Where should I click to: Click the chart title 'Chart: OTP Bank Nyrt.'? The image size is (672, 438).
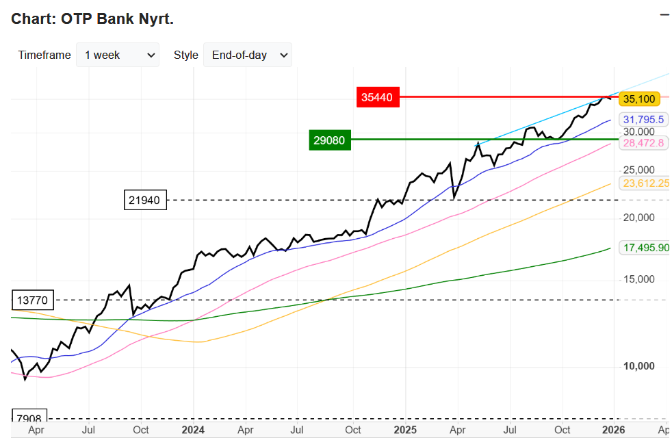pos(92,19)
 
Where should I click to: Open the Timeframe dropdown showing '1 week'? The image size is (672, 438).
pos(117,55)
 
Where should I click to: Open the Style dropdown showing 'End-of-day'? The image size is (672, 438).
pos(247,55)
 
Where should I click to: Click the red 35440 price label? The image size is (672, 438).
pos(377,97)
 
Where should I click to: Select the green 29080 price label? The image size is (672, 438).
pos(330,140)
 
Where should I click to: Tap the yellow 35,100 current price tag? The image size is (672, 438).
pos(638,99)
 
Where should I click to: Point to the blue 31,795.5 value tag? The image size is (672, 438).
pos(643,119)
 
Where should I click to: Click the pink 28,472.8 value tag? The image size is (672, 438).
pos(643,143)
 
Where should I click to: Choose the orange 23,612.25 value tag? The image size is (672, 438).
pos(644,183)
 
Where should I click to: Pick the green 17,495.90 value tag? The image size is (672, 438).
pos(644,247)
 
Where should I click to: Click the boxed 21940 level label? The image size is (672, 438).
pos(145,201)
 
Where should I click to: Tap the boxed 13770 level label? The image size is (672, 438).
pos(33,300)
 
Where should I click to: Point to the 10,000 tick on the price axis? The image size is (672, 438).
pos(638,367)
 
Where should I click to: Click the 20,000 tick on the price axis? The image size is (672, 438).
pos(638,218)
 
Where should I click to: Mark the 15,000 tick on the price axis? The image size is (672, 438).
pos(638,279)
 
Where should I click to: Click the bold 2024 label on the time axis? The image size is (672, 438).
pos(193,430)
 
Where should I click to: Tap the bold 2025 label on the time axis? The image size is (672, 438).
pos(405,430)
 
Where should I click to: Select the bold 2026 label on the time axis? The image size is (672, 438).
pos(613,430)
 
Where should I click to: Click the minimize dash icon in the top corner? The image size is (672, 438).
pos(664,14)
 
